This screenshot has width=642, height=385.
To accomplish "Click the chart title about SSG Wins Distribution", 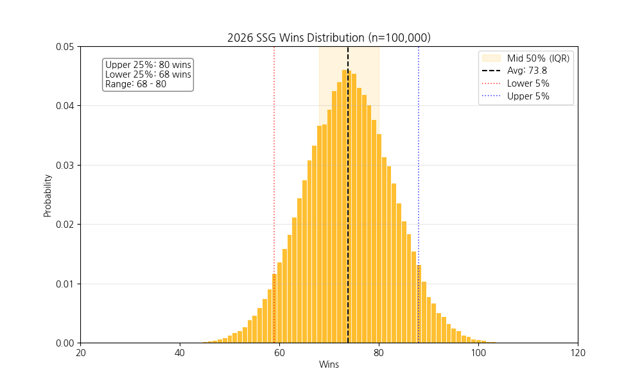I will (329, 38).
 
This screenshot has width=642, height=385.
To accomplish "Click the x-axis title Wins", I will (329, 364).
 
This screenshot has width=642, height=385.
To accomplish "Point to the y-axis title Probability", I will (48, 194).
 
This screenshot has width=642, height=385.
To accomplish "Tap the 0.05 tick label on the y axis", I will (64, 47).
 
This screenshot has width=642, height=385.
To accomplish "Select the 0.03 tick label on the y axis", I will (64, 165).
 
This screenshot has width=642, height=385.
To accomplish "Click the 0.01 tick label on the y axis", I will (64, 284).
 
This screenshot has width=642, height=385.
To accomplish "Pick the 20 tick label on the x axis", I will (80, 352).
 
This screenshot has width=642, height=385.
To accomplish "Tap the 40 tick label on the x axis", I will (180, 352).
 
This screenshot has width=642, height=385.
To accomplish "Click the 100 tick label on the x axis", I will (478, 352).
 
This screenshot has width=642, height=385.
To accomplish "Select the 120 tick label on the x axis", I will (578, 352).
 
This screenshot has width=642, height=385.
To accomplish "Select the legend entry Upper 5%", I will (528, 97).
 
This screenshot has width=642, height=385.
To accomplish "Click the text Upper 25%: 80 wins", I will (148, 65).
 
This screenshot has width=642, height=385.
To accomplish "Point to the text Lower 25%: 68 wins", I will (148, 74).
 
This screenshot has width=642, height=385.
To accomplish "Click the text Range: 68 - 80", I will (135, 84).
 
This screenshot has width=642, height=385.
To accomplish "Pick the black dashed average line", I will (348, 193).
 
